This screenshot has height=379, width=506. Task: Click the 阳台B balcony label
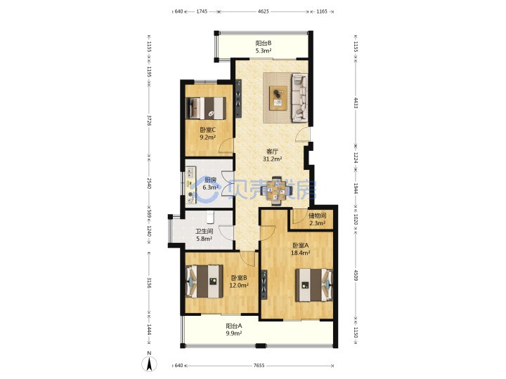pos(264,43)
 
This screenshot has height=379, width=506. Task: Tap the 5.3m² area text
pos(264,51)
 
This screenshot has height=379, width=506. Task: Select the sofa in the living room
pos(300,98)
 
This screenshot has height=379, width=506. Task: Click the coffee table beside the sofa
pos(278,98)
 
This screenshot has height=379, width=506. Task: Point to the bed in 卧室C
pos(206,108)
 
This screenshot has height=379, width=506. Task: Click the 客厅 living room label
pos(273,151)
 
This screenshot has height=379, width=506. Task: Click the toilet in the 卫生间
pos(210,217)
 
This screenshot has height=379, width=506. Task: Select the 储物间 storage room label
pos(317,215)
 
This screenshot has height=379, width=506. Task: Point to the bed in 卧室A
pos(313,285)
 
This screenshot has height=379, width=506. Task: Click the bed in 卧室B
pos(205,281)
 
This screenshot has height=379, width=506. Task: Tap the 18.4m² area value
pos(301,253)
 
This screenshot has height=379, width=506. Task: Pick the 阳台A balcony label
pos(233,326)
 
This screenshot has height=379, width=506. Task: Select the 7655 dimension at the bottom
pos(259,366)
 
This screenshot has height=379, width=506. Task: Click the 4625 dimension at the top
pos(264,11)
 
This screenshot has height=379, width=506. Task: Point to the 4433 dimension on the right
pos(356,102)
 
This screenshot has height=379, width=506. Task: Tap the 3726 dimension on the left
pos(149,120)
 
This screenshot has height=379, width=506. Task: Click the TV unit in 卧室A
pos(264,285)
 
